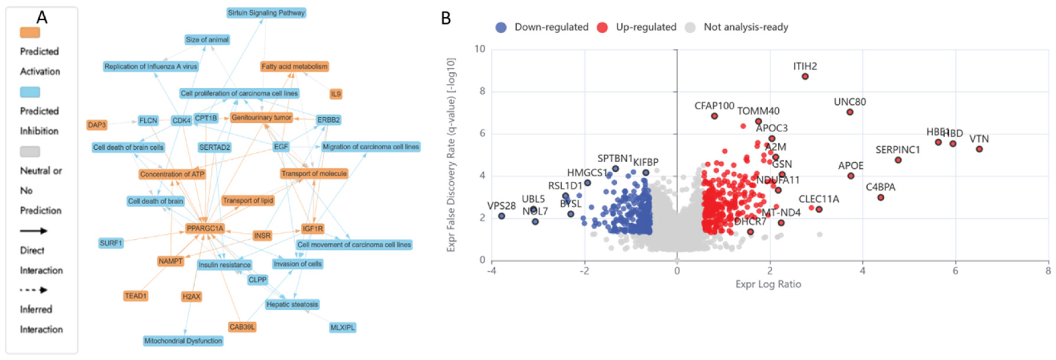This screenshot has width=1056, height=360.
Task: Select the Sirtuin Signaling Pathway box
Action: (x=266, y=13)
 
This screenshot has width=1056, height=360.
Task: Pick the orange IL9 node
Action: (x=336, y=94)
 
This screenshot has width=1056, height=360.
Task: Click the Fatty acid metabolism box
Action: (x=294, y=66)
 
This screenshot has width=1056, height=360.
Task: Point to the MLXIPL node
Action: (x=342, y=328)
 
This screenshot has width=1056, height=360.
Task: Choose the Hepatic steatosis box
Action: (x=292, y=304)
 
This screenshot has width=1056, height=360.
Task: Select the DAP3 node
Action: (x=97, y=125)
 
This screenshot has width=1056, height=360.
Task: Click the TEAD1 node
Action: (x=135, y=296)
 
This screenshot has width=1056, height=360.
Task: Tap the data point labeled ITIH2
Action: (x=805, y=77)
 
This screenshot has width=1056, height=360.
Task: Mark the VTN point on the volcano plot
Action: (x=979, y=149)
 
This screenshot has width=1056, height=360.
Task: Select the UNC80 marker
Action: (x=850, y=112)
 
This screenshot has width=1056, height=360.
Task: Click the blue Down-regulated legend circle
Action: (x=501, y=27)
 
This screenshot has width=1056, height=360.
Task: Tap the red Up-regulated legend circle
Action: (x=602, y=27)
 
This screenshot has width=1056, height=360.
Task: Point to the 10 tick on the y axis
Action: (x=480, y=49)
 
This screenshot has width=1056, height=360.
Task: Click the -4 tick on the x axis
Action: (x=492, y=271)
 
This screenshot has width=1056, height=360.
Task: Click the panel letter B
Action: (x=446, y=19)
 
